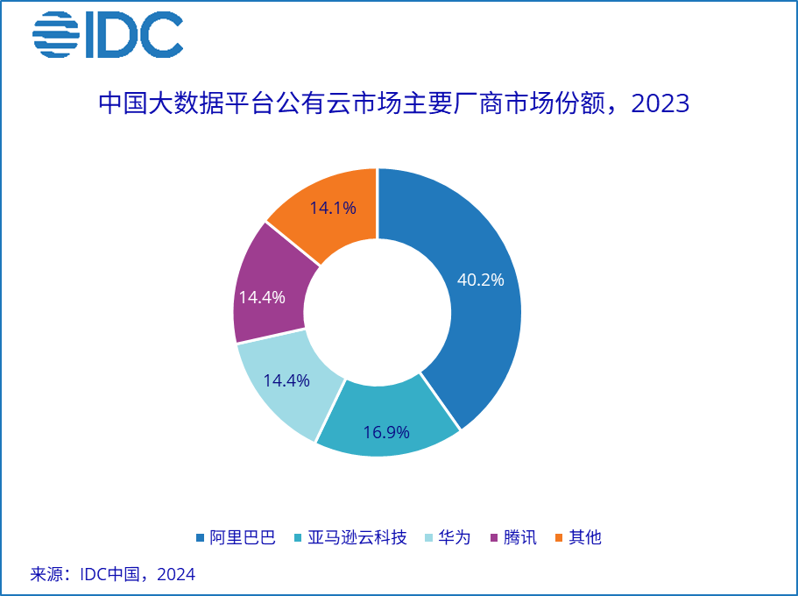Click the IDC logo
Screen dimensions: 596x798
(x=107, y=36)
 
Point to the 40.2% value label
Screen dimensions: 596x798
(x=481, y=280)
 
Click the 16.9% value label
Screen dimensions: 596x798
(x=386, y=434)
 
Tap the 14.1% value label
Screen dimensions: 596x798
(x=333, y=209)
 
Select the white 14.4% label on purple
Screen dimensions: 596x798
(x=262, y=298)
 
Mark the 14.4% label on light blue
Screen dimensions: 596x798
(x=286, y=381)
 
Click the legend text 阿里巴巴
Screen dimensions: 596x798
(x=243, y=537)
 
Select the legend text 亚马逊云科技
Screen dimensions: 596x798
(x=357, y=537)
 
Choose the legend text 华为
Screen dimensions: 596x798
(x=454, y=537)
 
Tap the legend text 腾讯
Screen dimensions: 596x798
(x=519, y=537)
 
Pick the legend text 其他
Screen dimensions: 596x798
(x=585, y=537)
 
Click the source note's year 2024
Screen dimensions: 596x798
(x=176, y=575)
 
